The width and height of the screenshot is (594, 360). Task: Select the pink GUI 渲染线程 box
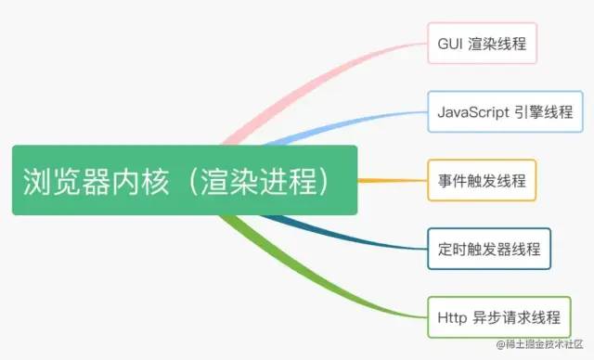pyautogui.click(x=483, y=43)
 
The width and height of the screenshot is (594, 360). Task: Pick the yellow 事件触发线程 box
pyautogui.click(x=483, y=180)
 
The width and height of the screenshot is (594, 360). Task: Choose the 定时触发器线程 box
pyautogui.click(x=489, y=249)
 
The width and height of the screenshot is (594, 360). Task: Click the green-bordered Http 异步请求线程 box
pyautogui.click(x=498, y=317)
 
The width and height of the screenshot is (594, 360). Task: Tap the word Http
pyautogui.click(x=452, y=317)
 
